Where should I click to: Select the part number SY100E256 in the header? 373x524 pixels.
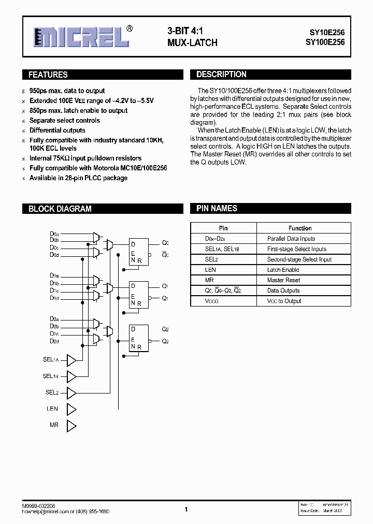pos(324,43)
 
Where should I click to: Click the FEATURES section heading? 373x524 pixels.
pos(48,75)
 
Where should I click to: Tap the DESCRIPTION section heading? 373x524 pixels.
pos(221,75)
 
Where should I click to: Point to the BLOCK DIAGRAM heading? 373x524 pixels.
pos(60,209)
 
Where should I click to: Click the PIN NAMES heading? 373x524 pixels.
pos(217,209)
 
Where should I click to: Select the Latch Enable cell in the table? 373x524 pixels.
pos(283,270)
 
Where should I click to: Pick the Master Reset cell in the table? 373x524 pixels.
pos(283,280)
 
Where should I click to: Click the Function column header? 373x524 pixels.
pos(300,228)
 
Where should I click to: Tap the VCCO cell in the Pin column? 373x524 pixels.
pos(211,301)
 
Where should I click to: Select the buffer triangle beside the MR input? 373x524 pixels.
pos(71,426)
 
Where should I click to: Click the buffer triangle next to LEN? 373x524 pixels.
pos(71,409)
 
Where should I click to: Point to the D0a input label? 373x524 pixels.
pos(54,234)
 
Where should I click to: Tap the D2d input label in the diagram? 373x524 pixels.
pos(54,341)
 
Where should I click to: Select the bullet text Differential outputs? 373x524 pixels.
pos(57,130)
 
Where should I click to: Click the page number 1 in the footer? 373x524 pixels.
pos(185,510)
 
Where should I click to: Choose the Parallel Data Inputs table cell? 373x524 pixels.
pos(291,239)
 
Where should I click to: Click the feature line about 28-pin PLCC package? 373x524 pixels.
pos(78,178)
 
